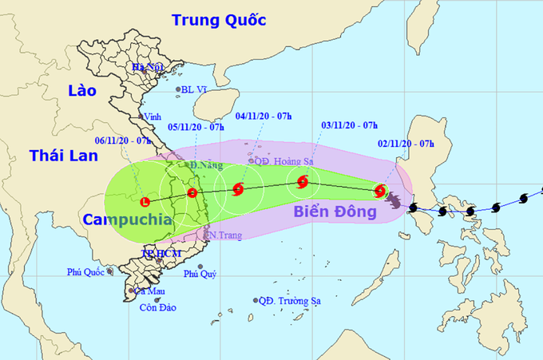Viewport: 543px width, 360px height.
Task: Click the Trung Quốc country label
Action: click(219, 20)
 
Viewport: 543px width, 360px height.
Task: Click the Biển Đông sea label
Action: click(334, 212)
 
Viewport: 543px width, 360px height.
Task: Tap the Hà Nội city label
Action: click(148, 68)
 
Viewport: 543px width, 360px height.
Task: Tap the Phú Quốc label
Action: click(86, 273)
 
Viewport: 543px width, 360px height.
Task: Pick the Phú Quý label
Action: click(200, 274)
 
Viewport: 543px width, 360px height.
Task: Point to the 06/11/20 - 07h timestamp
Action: click(123, 140)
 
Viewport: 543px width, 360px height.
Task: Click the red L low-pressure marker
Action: click(145, 201)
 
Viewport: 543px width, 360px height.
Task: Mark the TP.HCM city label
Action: click(161, 253)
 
